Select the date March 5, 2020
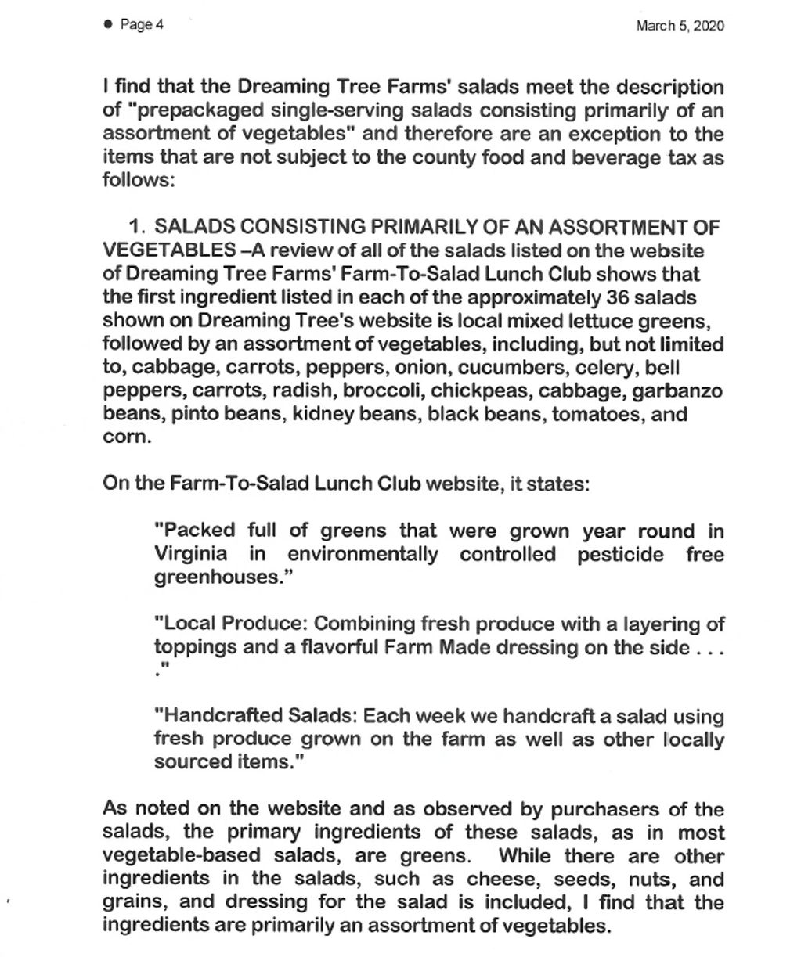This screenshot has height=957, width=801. (x=680, y=26)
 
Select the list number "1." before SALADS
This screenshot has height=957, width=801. (x=138, y=228)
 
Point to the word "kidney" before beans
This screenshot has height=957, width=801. (x=321, y=413)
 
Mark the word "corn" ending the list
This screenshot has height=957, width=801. (x=124, y=437)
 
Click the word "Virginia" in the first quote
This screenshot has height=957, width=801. (x=191, y=555)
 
